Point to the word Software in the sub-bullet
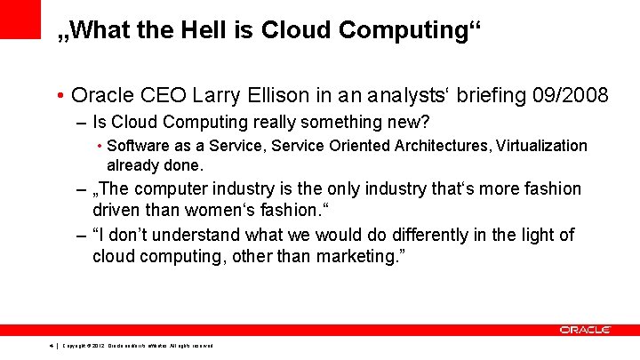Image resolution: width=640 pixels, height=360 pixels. coord(136,146)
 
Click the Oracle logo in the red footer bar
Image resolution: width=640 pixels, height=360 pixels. coord(584,330)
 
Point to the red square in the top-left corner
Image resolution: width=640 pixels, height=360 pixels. coord(20,19)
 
